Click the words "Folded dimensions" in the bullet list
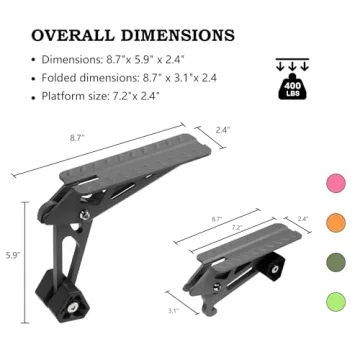click(x=87, y=77)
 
